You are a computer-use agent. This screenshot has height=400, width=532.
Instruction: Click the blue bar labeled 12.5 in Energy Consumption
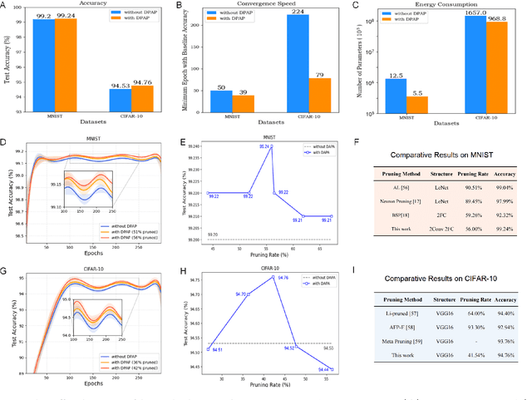(x=396, y=96)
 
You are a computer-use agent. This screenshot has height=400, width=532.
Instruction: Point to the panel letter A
(x=4, y=4)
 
